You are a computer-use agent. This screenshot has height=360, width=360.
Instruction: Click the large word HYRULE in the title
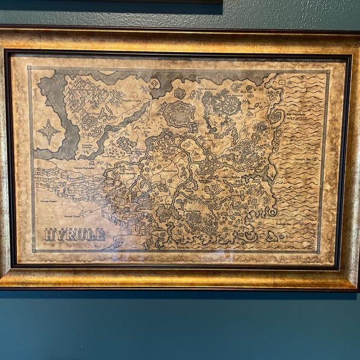click(74, 235)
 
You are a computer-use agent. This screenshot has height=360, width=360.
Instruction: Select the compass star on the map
click(48, 131)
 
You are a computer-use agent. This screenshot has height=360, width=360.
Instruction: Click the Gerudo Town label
click(73, 215)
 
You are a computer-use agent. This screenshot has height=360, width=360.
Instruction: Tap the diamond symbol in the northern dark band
click(155, 83)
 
